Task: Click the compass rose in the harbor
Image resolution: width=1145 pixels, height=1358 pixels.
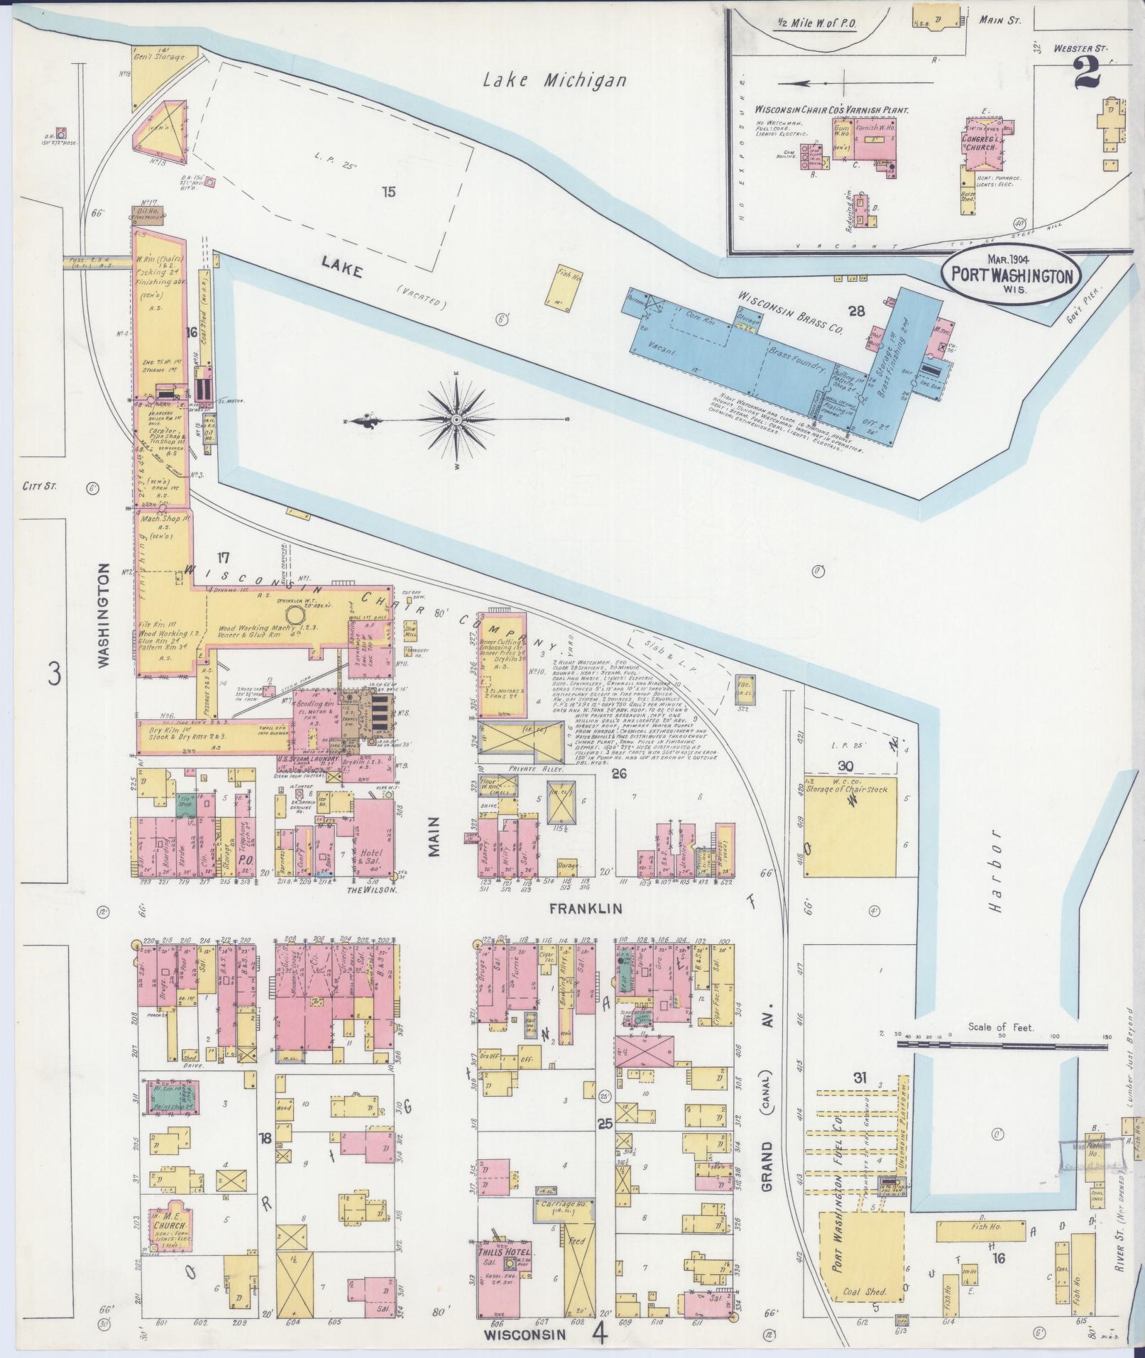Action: (x=456, y=420)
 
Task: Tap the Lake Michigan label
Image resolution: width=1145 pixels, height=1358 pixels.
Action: (x=555, y=80)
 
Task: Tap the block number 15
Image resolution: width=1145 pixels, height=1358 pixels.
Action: (x=387, y=191)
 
